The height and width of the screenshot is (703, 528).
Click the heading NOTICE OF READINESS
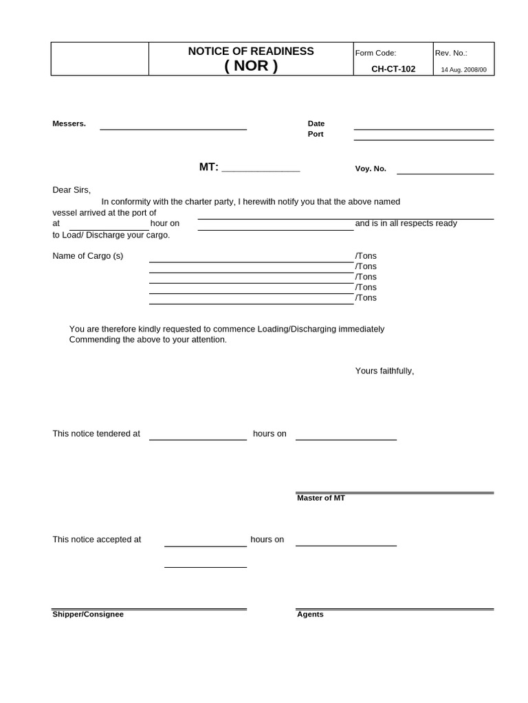click(251, 51)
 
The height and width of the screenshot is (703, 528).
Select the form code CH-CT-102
click(393, 69)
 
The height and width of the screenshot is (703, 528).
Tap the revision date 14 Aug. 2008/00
click(463, 70)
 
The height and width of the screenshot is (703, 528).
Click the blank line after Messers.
click(173, 128)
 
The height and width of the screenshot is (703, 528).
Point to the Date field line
click(423, 128)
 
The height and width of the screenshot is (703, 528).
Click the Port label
click(316, 135)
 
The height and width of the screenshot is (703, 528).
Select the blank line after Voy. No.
click(445, 173)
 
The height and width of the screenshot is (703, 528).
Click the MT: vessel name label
click(209, 167)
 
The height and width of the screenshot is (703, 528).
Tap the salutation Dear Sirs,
click(71, 190)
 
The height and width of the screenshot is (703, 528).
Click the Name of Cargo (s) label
click(88, 256)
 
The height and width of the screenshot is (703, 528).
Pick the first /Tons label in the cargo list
click(366, 256)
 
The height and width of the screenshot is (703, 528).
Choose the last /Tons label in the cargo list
click(366, 298)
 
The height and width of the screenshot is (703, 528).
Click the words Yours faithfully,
click(384, 371)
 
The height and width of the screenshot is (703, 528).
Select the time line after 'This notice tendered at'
click(198, 439)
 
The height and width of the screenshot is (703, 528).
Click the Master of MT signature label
click(321, 498)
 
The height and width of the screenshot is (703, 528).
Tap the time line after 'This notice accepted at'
click(205, 545)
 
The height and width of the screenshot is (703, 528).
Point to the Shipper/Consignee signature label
click(88, 614)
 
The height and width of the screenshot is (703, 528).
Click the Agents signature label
click(310, 614)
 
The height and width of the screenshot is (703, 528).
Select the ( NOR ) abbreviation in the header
click(251, 67)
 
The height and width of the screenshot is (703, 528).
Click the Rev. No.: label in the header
click(451, 53)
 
